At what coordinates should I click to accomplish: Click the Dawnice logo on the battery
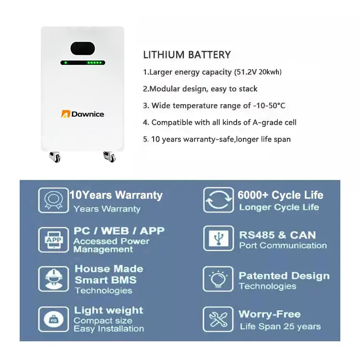(83, 114)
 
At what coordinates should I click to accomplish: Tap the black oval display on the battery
(83, 48)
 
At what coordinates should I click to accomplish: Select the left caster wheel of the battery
(55, 157)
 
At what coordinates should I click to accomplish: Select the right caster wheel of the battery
(109, 157)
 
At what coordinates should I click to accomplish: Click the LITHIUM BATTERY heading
(187, 55)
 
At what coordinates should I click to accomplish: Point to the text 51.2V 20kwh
(258, 72)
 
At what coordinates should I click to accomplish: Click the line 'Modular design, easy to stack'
(200, 89)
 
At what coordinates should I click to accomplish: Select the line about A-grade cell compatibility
(219, 122)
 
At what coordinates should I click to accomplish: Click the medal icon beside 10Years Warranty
(53, 200)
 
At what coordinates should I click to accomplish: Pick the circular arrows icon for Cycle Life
(218, 200)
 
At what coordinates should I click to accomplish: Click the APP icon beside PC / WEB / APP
(53, 240)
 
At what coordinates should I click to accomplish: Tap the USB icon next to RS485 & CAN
(218, 239)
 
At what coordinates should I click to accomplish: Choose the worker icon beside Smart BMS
(53, 279)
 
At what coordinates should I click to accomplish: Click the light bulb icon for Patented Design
(218, 279)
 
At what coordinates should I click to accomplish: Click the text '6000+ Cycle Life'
(280, 195)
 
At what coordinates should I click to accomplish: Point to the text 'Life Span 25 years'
(280, 326)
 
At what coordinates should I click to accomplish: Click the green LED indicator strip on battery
(83, 62)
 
